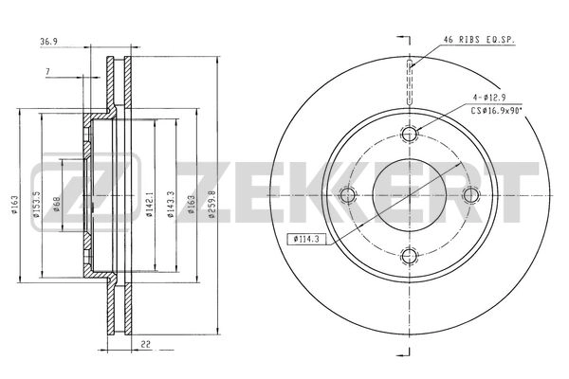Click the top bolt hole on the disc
[x=409, y=135]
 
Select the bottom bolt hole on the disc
[x=409, y=256]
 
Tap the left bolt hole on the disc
[x=348, y=195]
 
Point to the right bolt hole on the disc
[x=469, y=195]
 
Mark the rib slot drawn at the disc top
[x=409, y=63]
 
